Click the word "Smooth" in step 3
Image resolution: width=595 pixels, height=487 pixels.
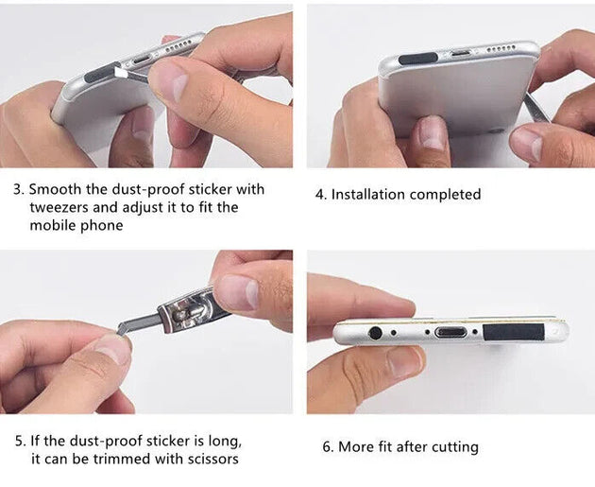56,189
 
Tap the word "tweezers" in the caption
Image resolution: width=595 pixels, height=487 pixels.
59,207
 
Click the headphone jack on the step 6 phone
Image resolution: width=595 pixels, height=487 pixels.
375,333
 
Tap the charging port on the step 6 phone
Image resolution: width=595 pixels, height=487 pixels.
450,333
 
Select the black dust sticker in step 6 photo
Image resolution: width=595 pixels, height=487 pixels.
514,332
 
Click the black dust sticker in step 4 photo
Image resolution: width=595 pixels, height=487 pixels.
417,59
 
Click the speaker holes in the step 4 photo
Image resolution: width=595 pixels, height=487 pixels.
501,48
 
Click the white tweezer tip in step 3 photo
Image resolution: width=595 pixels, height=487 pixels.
119,72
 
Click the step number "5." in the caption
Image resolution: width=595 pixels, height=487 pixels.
21,441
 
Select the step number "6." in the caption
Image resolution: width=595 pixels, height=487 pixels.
328,446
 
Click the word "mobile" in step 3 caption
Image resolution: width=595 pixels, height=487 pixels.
52,226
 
